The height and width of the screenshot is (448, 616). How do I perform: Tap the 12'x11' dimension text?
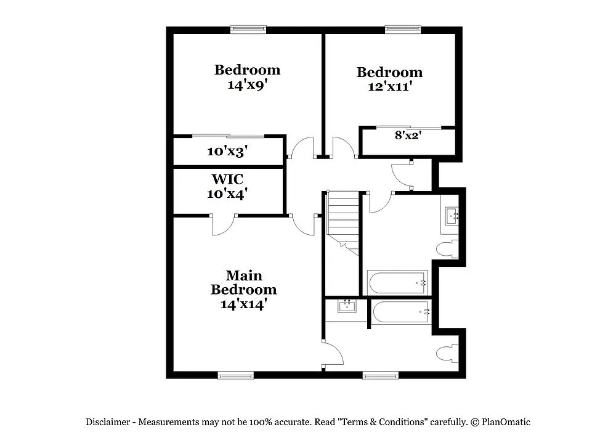tap(389, 87)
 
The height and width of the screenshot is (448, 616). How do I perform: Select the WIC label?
tap(227, 179)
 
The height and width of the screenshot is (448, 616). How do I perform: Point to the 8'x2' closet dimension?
tap(407, 135)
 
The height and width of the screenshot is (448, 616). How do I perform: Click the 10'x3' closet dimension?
tap(227, 150)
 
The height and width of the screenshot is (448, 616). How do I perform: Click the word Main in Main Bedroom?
tap(243, 275)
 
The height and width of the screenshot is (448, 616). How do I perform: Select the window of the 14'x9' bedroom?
tap(248, 28)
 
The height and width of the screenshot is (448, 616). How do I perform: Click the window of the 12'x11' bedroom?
tap(403, 28)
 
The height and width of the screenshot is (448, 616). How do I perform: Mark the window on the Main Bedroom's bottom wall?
tap(235, 375)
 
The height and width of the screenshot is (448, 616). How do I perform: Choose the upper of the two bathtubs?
tap(397, 282)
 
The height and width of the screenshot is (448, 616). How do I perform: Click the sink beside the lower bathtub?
tap(346, 306)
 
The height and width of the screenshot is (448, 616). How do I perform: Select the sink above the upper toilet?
tap(450, 216)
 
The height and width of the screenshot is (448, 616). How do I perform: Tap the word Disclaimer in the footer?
tap(107, 422)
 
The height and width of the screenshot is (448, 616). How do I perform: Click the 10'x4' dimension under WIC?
tap(227, 193)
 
